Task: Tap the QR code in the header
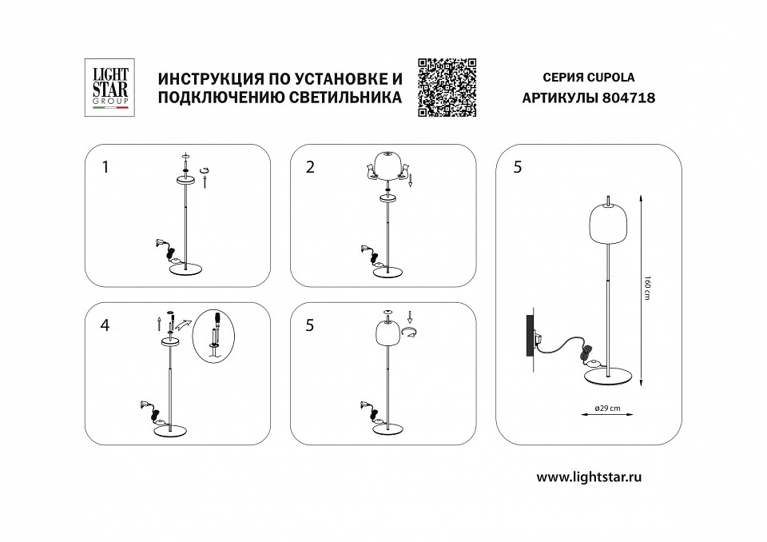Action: pyautogui.click(x=447, y=87)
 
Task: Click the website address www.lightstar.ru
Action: pyautogui.click(x=590, y=476)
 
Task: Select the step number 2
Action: pyautogui.click(x=310, y=167)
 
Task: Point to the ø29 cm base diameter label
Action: pyautogui.click(x=609, y=408)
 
